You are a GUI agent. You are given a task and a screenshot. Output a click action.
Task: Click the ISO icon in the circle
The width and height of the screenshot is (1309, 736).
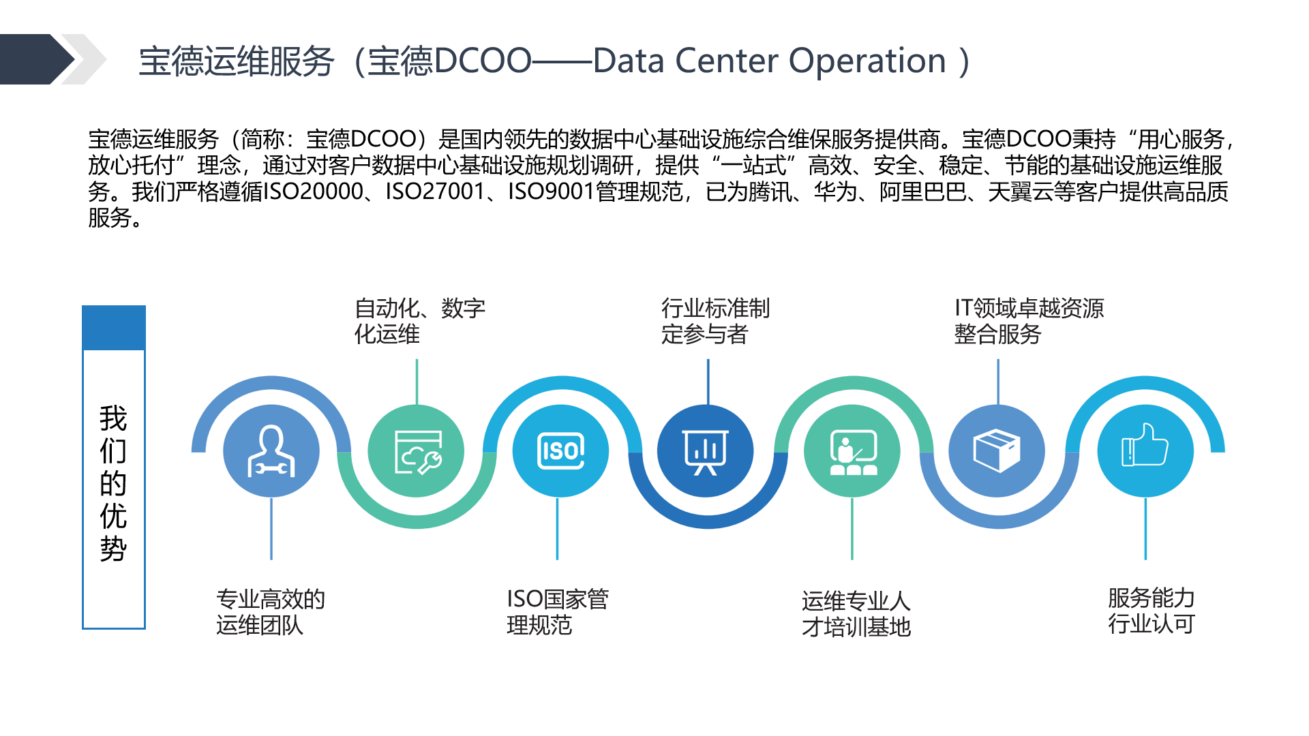click(x=560, y=450)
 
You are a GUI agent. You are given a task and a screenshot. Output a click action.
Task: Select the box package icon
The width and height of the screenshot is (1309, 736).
click(x=997, y=450)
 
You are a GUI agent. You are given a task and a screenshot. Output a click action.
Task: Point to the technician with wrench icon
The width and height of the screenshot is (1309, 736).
click(x=271, y=450)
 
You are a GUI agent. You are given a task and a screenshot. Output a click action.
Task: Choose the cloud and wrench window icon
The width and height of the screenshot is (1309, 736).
click(x=418, y=452)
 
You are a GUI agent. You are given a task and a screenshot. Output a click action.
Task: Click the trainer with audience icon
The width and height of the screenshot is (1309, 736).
click(x=853, y=452)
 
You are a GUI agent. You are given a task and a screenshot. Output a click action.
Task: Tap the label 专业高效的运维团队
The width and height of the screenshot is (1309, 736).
click(x=271, y=612)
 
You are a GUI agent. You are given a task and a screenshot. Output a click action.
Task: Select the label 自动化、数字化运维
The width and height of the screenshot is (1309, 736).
click(x=420, y=321)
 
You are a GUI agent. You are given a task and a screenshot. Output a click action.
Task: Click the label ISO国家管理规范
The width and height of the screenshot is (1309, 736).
click(x=558, y=612)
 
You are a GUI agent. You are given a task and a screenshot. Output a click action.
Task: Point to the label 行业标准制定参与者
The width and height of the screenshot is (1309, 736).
click(x=715, y=321)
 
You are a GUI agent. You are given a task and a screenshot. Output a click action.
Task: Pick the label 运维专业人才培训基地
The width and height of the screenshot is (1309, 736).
click(x=856, y=613)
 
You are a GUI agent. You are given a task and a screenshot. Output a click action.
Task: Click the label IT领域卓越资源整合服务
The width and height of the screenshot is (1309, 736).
click(x=1029, y=321)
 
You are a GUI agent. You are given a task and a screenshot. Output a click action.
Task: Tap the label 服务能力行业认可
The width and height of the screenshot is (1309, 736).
click(x=1152, y=611)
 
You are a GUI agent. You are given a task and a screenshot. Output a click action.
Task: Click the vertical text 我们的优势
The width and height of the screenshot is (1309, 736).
click(x=113, y=483)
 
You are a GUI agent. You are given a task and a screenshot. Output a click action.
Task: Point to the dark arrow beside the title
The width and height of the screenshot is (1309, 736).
click(x=37, y=59)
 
